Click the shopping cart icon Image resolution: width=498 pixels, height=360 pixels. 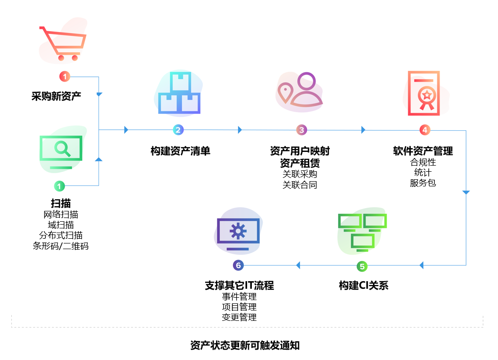click(x=63, y=43)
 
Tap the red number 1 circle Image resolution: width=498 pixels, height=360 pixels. click(x=65, y=76)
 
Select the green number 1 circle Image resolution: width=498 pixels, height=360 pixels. click(x=59, y=186)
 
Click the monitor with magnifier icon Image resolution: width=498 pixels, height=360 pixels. click(x=61, y=151)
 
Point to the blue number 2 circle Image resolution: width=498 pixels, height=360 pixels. click(x=178, y=130)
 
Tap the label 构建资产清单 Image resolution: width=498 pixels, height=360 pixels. click(x=180, y=151)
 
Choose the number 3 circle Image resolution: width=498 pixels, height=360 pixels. click(x=301, y=130)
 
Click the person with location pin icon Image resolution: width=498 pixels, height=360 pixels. click(x=300, y=92)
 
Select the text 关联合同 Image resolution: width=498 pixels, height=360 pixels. click(x=300, y=185)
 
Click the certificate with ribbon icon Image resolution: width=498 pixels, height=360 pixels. click(x=423, y=93)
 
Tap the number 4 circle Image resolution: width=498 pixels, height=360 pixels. click(x=424, y=130)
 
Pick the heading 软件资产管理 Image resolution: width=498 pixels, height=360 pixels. click(x=423, y=151)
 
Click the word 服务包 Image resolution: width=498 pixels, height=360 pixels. click(x=423, y=183)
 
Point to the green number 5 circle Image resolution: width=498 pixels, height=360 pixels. click(x=362, y=266)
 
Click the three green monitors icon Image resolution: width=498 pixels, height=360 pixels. click(x=362, y=232)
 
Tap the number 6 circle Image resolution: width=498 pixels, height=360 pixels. click(x=238, y=266)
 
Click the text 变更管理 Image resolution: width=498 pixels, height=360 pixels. click(x=239, y=318)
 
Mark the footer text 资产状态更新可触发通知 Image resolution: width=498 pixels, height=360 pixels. click(x=245, y=345)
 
